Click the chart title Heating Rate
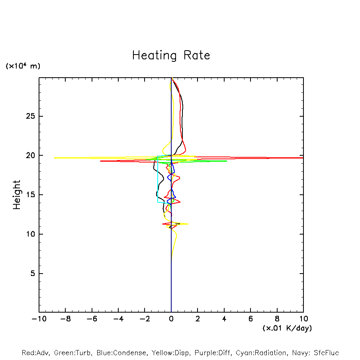171,55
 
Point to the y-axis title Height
17,195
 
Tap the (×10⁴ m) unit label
23,66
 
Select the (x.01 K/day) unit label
287,328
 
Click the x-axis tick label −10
39,319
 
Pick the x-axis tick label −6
92,319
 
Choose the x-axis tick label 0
171,319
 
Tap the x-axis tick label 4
224,319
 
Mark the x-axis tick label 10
303,319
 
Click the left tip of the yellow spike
55,158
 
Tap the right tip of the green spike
227,161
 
